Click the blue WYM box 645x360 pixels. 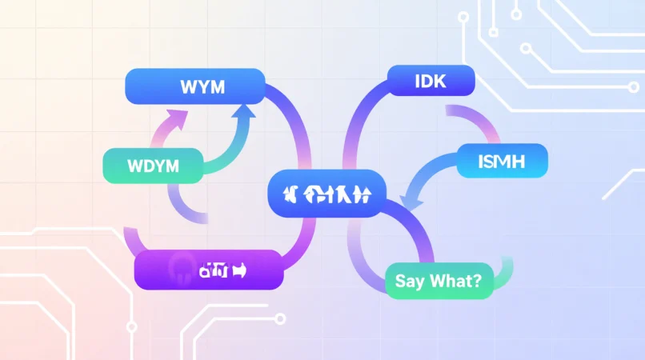pos(195,86)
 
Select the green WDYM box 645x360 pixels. pos(152,166)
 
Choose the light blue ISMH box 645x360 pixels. pos(502,161)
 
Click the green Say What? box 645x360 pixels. pos(438,281)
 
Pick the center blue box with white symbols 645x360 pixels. pos(327,194)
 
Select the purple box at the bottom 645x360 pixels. pos(208,270)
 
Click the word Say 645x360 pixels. pos(409,282)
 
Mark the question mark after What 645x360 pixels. pos(476,282)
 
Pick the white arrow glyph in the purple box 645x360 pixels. pos(240,270)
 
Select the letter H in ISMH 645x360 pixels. pos(524,161)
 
